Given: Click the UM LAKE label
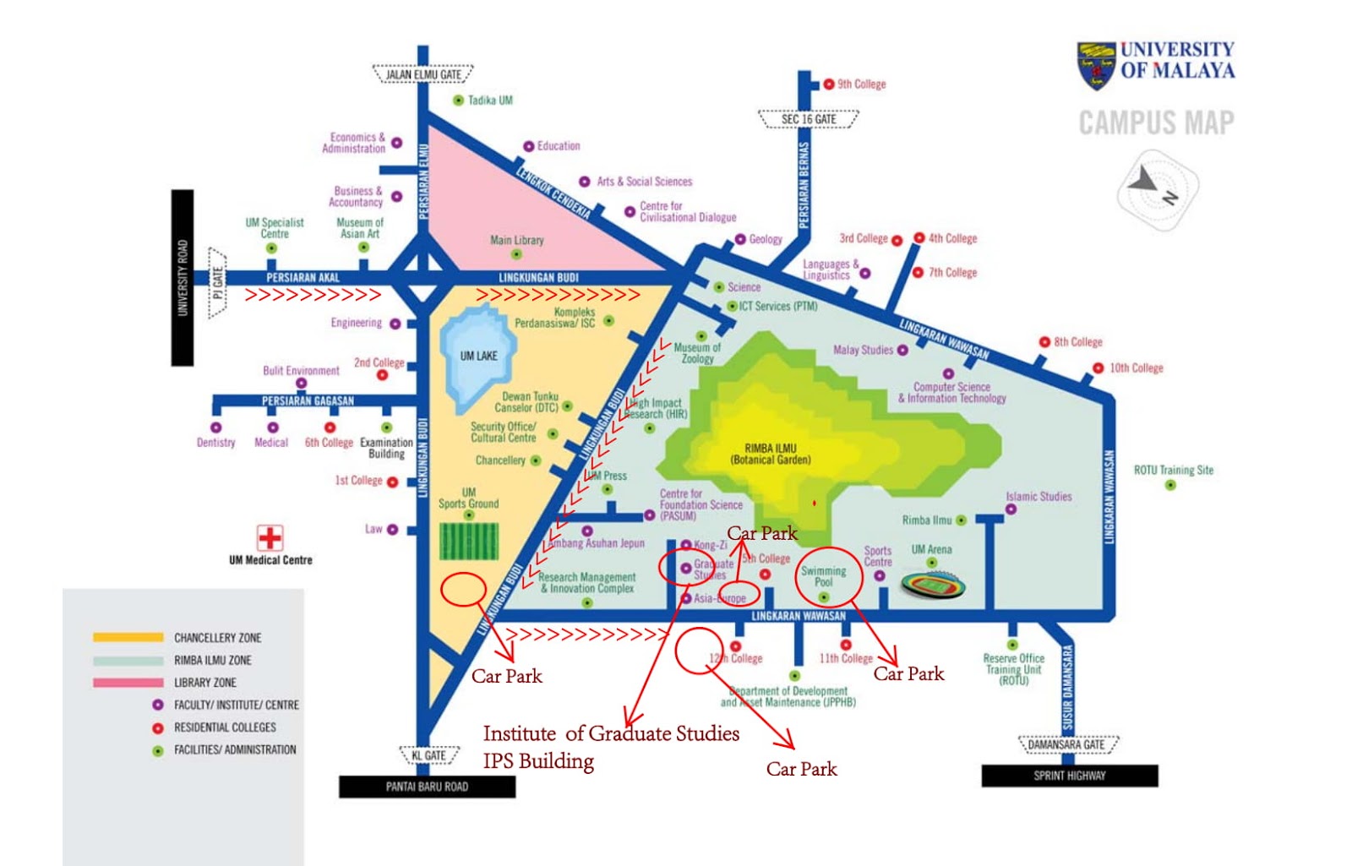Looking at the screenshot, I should point(478,356).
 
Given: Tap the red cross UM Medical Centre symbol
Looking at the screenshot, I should point(270,538).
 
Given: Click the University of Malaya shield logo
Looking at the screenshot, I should point(1096,64).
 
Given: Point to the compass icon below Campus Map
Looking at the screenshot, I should point(1156,188).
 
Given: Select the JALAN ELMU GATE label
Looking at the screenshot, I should point(423,74).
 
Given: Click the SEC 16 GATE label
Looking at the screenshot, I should point(808,119).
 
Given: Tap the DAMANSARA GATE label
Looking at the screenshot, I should point(1069,745).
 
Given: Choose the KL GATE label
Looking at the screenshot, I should point(428,755).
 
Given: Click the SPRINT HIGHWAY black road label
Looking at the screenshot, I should point(1069,776).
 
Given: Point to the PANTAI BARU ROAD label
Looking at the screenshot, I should point(427,787).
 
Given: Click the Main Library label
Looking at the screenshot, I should point(516,240).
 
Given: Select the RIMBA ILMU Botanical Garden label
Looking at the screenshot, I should point(770,454).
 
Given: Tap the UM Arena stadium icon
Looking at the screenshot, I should point(933,585).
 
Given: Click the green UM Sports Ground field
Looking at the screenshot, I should point(469,541).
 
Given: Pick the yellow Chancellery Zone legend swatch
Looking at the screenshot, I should point(128,637).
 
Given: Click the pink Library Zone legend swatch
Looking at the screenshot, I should point(128,682).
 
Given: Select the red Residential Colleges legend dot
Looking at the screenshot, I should point(157,727).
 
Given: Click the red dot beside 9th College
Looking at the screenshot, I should point(829,84).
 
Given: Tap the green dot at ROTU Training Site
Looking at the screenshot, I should point(1170,485).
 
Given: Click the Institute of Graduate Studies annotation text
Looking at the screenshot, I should point(611,733).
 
